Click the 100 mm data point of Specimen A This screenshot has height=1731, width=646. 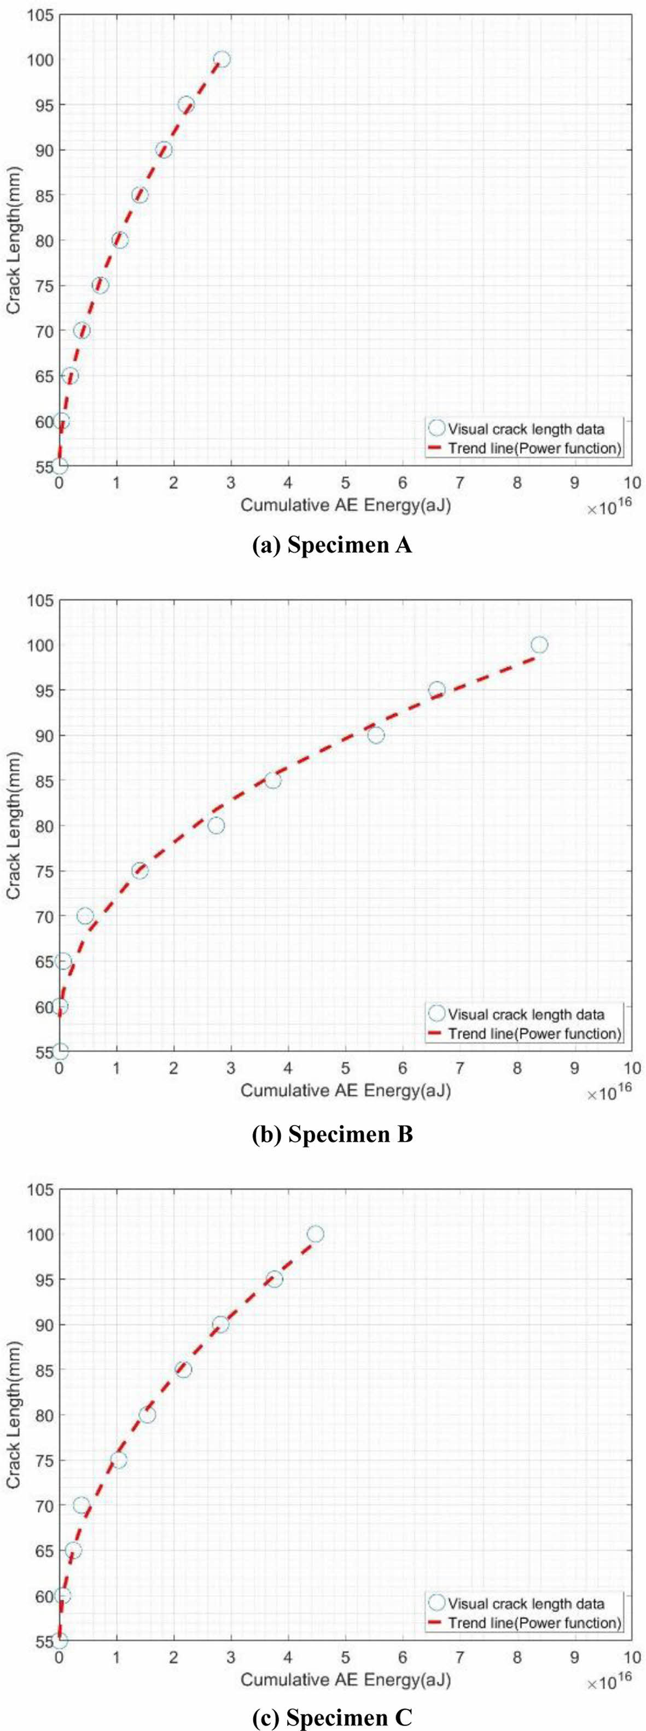click(x=222, y=60)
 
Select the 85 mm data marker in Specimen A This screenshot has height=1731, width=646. click(x=139, y=195)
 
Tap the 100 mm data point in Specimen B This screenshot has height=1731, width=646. click(x=539, y=645)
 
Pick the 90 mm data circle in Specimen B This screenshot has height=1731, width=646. click(x=376, y=735)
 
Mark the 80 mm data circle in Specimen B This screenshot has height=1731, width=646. click(x=216, y=826)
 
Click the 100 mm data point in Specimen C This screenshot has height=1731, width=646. click(x=315, y=1234)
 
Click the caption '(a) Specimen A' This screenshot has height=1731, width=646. click(x=331, y=545)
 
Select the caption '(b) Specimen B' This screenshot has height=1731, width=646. click(x=331, y=1134)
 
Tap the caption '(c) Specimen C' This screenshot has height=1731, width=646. click(x=331, y=1717)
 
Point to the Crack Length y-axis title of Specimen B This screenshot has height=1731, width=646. click(x=14, y=825)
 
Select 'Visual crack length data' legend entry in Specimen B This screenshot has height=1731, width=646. click(x=526, y=1015)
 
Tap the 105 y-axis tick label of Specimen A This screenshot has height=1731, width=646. click(x=40, y=15)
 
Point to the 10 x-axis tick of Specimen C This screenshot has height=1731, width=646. click(x=631, y=1658)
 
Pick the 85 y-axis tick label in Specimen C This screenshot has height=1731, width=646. click(x=40, y=1369)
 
